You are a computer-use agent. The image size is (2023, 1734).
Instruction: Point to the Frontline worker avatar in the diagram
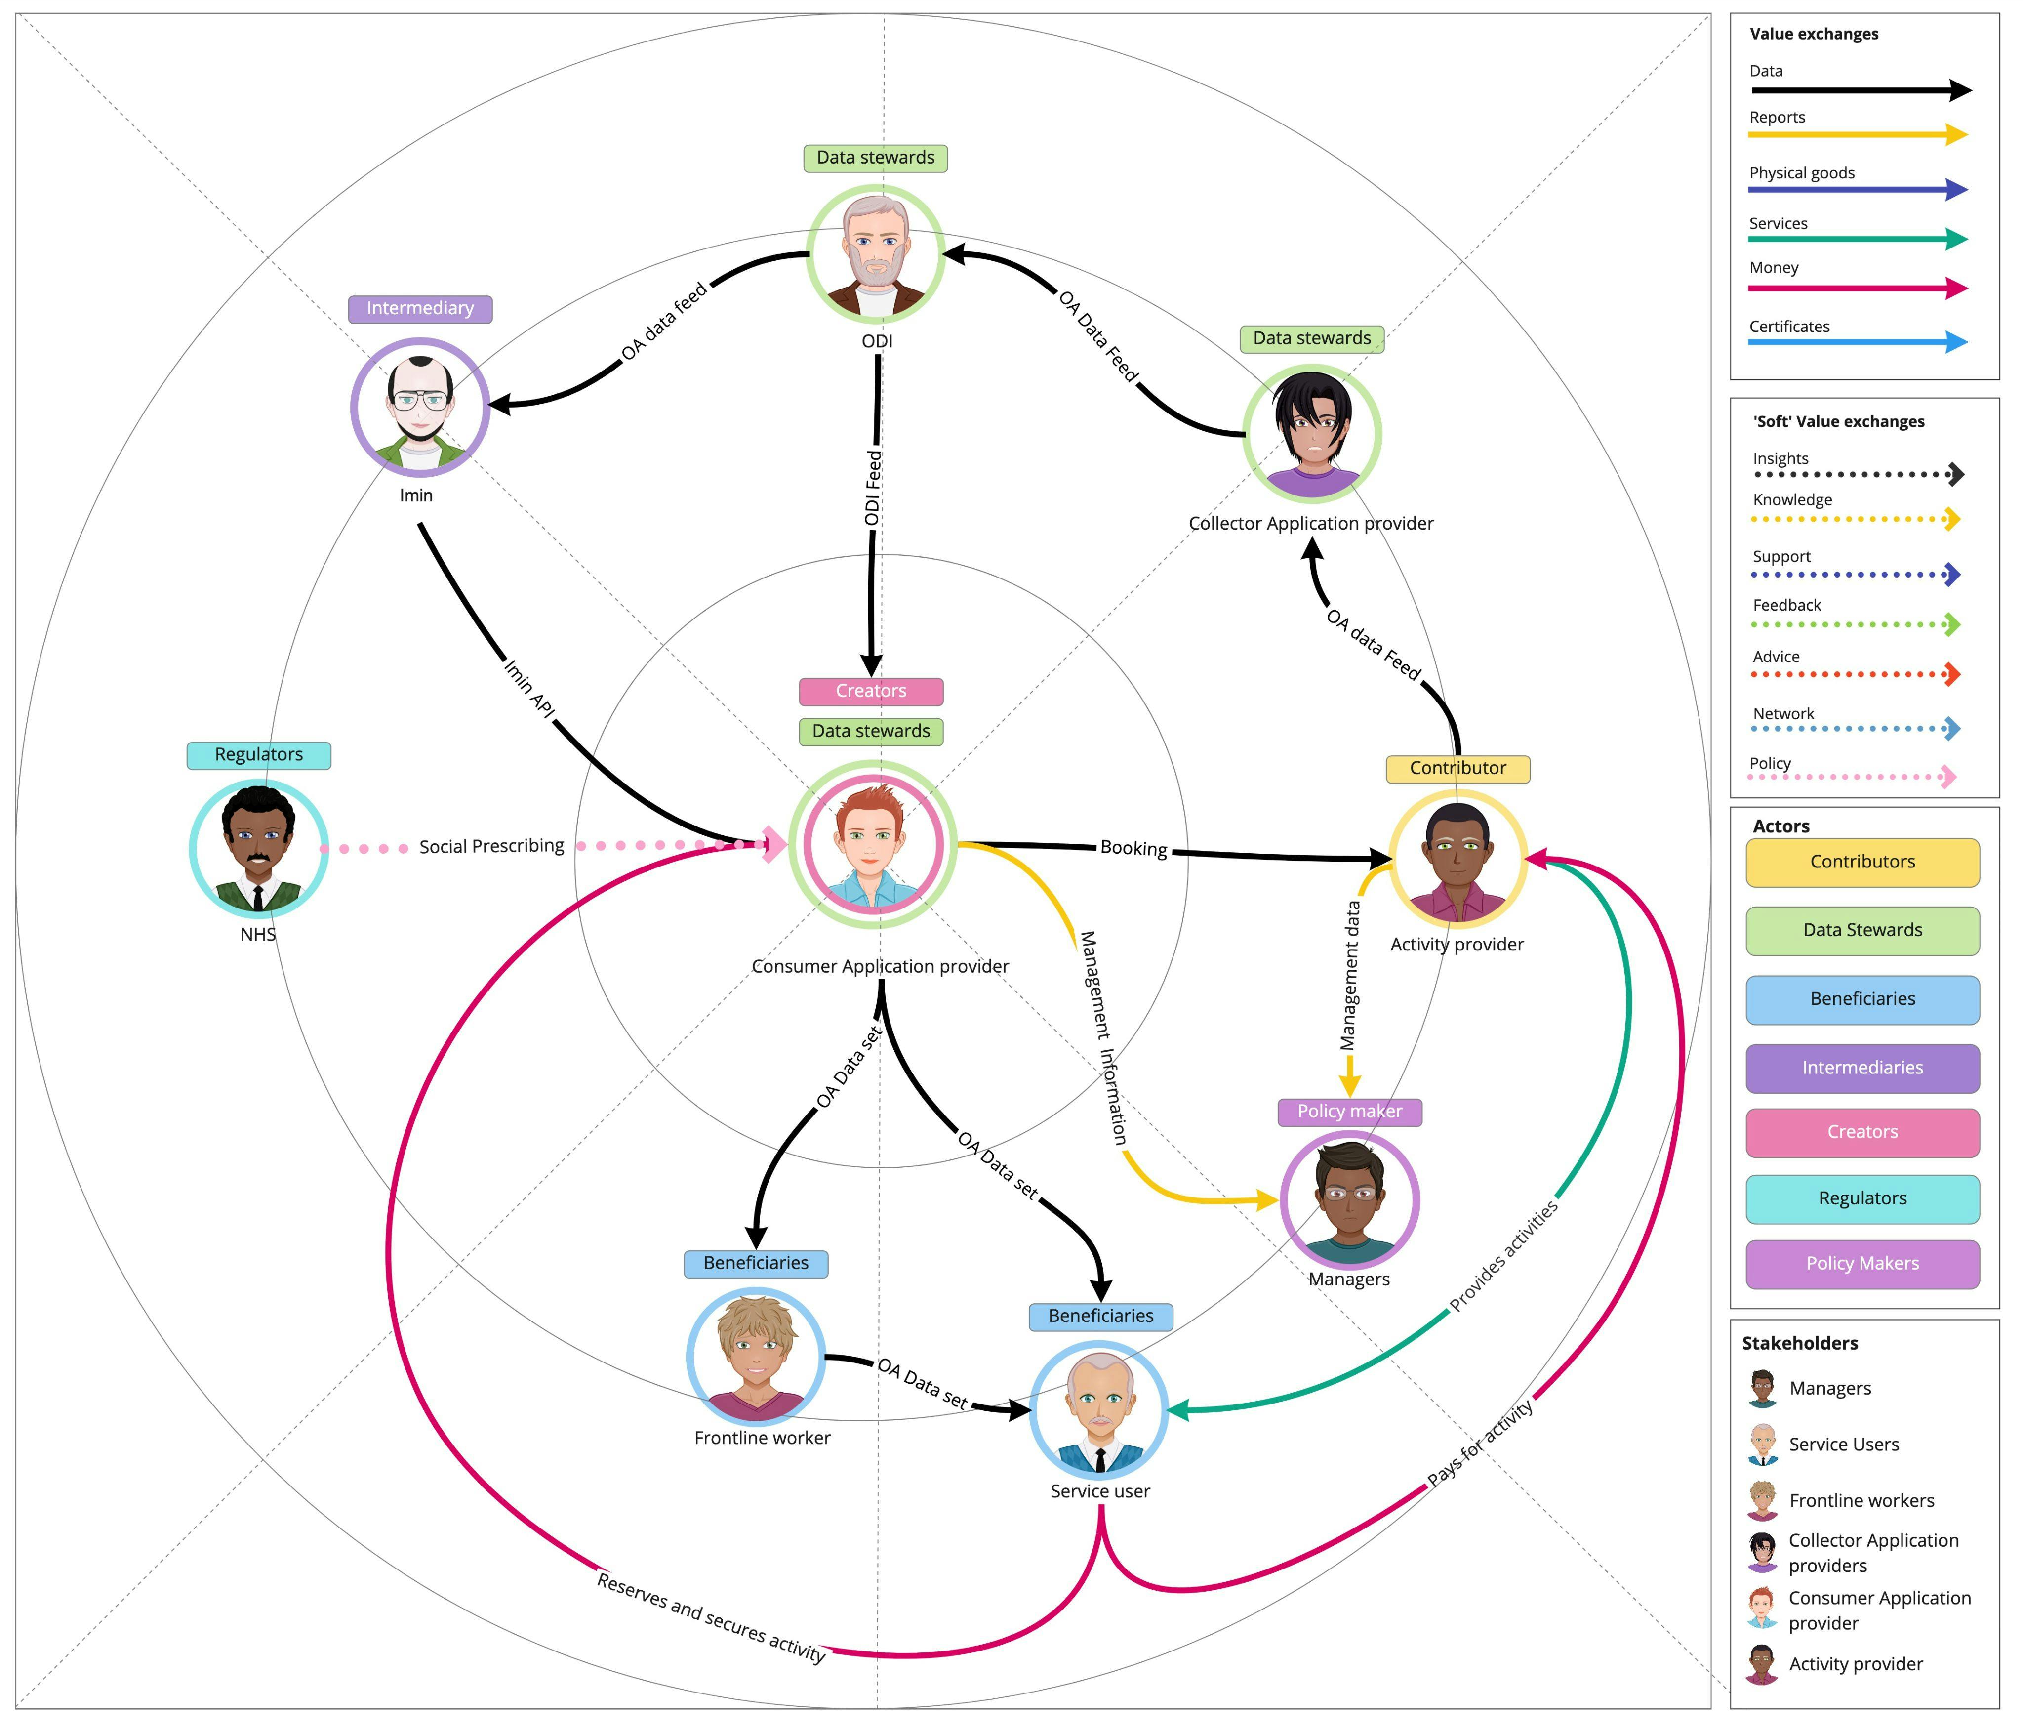click(x=756, y=1357)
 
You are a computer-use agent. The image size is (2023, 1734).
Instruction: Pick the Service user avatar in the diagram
click(x=1099, y=1411)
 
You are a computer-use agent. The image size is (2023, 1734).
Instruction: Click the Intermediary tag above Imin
click(x=420, y=309)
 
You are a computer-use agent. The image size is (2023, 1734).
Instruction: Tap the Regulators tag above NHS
click(x=259, y=755)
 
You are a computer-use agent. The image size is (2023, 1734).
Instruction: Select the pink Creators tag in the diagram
click(x=871, y=691)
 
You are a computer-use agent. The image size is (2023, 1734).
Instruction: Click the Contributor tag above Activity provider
click(x=1457, y=768)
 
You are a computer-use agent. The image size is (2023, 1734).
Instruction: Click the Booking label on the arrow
click(x=1133, y=848)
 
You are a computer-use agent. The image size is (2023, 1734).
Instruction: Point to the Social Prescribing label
click(x=491, y=846)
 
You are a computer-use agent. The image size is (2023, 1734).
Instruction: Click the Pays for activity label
click(x=1480, y=1444)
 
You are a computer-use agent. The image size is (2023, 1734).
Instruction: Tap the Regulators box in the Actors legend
click(x=1862, y=1199)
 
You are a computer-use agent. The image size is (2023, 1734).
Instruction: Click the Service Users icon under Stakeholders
click(x=1762, y=1445)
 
